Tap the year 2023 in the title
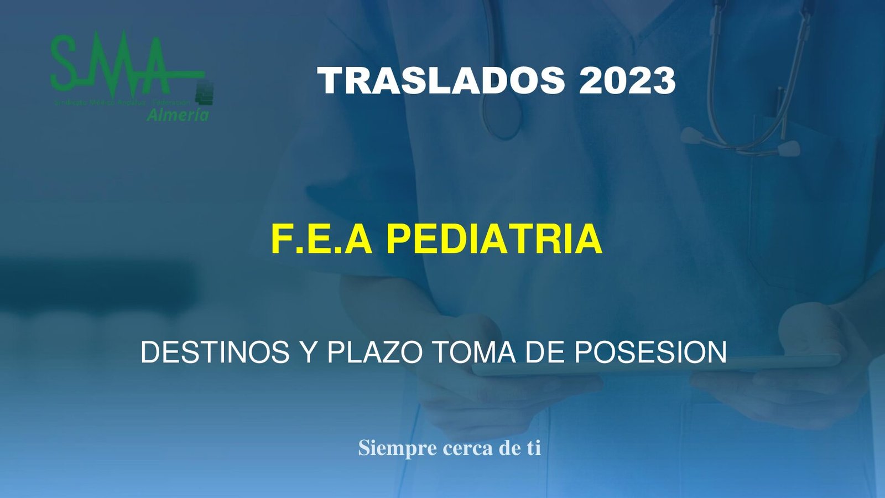click(627, 81)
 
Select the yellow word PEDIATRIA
click(493, 239)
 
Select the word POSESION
click(650, 352)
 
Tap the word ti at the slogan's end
click(533, 448)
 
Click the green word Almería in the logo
click(178, 115)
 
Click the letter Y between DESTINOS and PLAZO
click(308, 352)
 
